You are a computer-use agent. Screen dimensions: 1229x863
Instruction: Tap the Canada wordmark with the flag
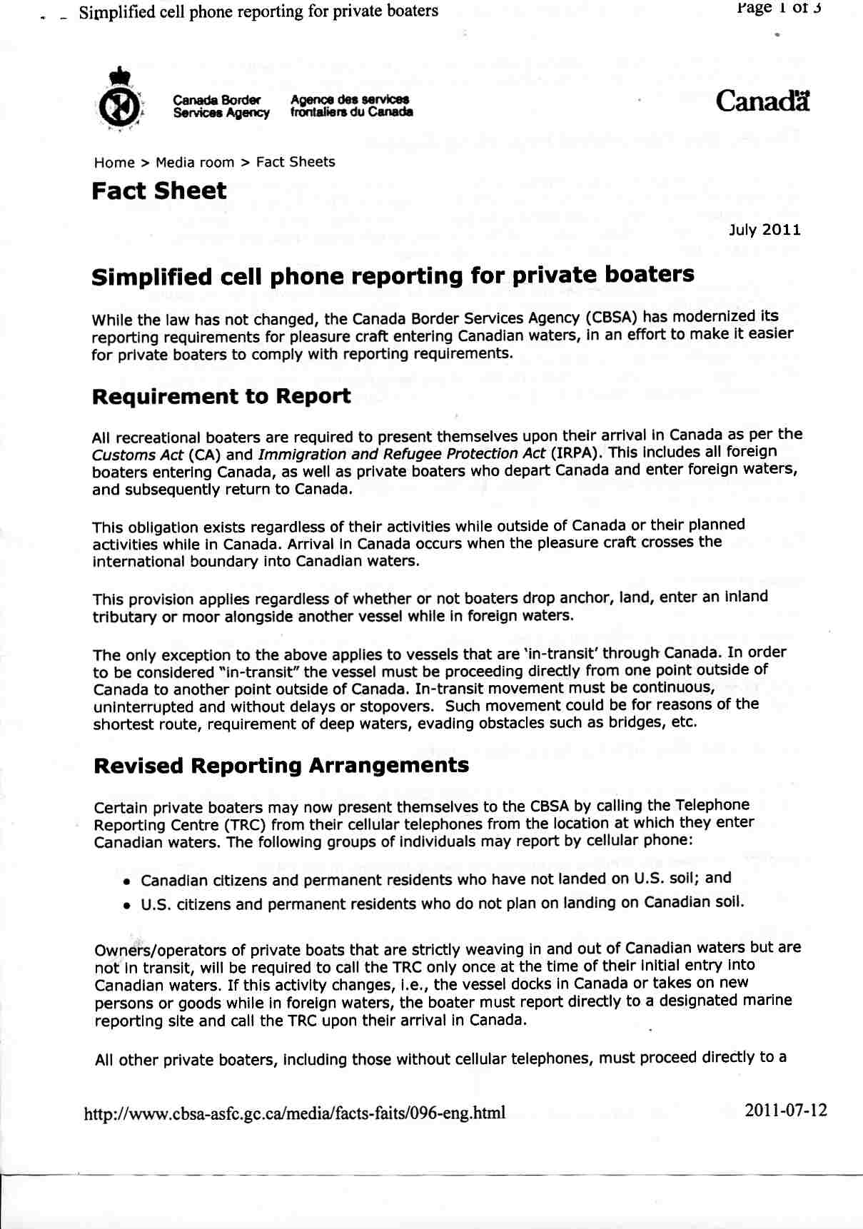pos(763,101)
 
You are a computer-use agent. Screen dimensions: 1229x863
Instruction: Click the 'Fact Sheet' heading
pos(159,191)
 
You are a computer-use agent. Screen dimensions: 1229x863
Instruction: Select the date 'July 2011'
pos(764,230)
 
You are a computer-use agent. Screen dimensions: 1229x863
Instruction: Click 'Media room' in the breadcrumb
pos(195,162)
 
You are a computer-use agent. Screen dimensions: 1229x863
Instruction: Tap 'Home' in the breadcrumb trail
pos(114,162)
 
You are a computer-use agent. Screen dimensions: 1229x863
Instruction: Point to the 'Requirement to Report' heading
pos(221,397)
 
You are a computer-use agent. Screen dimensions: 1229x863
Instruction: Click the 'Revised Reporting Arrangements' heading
pos(281,766)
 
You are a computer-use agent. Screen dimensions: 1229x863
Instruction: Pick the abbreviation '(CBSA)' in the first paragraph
pos(612,318)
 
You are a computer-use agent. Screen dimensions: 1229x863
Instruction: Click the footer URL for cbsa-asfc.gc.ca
pos(295,1113)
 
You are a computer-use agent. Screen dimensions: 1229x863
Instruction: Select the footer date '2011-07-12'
pos(786,1111)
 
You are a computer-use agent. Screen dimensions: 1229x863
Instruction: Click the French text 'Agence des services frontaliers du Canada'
pos(351,106)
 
